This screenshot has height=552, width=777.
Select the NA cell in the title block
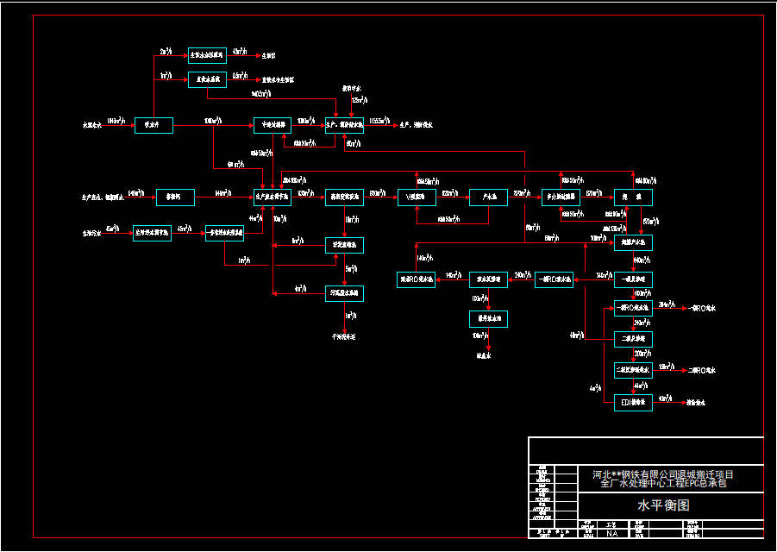(x=612, y=534)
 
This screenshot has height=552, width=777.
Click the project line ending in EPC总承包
(x=663, y=485)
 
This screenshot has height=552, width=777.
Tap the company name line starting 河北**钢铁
(x=663, y=474)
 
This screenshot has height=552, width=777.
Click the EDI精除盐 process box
(x=633, y=403)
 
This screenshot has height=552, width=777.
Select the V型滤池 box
(x=416, y=197)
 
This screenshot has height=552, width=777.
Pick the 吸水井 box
(x=154, y=126)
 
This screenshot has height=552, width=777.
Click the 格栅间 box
(x=175, y=197)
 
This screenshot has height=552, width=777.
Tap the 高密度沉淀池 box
(x=344, y=197)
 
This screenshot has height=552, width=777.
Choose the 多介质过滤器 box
(x=561, y=197)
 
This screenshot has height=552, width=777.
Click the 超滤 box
(x=633, y=197)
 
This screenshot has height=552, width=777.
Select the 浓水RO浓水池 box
(x=416, y=279)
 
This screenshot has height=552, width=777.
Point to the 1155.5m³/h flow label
(x=379, y=122)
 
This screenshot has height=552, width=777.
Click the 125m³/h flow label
(x=357, y=101)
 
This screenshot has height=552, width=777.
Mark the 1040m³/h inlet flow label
(x=118, y=122)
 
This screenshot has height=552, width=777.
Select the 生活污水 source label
(x=92, y=233)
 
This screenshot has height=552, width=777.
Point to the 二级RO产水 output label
(x=703, y=370)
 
